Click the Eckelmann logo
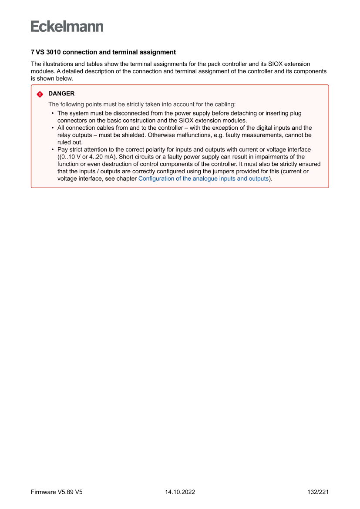67,27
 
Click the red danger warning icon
40,94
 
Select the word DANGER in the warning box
61,94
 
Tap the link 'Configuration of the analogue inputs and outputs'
203,179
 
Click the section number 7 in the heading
33,52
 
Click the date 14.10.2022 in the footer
180,492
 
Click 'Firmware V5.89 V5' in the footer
57,492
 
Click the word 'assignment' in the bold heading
159,52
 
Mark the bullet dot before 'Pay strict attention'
53,150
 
